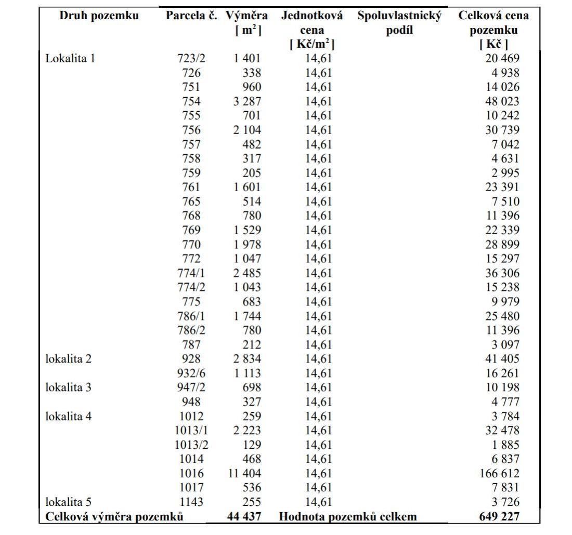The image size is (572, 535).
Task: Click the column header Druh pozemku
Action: [99, 16]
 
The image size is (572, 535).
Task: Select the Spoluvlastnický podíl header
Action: [399, 23]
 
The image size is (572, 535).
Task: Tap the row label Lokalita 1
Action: [70, 58]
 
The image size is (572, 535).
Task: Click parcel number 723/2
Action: [191, 58]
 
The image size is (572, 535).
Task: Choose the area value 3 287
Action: [247, 101]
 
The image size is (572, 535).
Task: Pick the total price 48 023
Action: [502, 101]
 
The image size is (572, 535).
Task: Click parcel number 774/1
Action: [191, 273]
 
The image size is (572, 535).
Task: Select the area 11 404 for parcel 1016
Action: [244, 473]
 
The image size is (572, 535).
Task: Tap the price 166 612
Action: [500, 473]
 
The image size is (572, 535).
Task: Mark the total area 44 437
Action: [244, 517]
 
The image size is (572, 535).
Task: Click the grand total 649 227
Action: [499, 517]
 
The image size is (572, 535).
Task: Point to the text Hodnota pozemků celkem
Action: [348, 517]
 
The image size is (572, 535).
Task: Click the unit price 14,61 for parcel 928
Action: [318, 358]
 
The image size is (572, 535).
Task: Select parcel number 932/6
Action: [191, 373]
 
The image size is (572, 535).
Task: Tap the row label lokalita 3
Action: [69, 387]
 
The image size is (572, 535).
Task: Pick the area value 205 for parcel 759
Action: [252, 173]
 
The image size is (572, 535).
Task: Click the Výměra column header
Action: [246, 23]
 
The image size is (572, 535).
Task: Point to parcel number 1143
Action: [191, 502]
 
